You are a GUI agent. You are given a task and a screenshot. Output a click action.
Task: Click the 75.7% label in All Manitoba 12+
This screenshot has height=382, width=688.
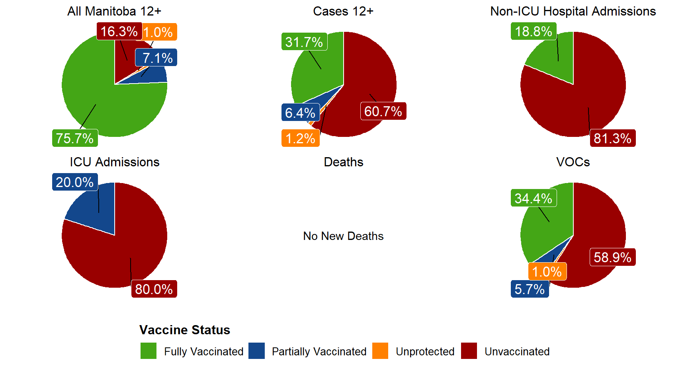pyautogui.click(x=75, y=138)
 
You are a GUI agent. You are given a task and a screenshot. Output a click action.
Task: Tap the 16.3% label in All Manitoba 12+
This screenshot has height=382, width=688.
pyautogui.click(x=119, y=31)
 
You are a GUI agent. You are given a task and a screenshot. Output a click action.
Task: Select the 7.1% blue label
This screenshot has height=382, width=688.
pyautogui.click(x=156, y=58)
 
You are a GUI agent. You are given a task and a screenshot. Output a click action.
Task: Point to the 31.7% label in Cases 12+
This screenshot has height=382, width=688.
pyautogui.click(x=304, y=42)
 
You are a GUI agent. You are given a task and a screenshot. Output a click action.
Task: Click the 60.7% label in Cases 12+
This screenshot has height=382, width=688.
pyautogui.click(x=383, y=111)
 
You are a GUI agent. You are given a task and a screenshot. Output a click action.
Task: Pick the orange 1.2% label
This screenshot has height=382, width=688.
pyautogui.click(x=300, y=138)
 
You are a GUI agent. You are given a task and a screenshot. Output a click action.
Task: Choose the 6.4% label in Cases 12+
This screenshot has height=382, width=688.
pyautogui.click(x=300, y=113)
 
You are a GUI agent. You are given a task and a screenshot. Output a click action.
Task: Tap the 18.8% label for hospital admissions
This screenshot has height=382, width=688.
pyautogui.click(x=534, y=31)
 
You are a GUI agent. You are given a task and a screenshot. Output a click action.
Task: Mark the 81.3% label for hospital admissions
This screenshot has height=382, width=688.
pyautogui.click(x=612, y=138)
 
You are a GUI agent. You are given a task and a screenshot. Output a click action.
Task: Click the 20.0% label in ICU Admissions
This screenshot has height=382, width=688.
pyautogui.click(x=75, y=182)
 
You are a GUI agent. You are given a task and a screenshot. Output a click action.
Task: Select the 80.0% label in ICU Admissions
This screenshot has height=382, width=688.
pyautogui.click(x=154, y=289)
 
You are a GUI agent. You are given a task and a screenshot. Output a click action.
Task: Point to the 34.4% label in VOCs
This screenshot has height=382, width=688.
pyautogui.click(x=534, y=198)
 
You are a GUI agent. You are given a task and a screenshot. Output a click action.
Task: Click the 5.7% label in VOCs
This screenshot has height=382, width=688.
pyautogui.click(x=530, y=289)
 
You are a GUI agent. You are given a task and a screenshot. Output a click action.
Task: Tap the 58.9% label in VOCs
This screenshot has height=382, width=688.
pyautogui.click(x=612, y=257)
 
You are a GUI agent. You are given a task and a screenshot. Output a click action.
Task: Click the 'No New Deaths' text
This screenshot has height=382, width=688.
pyautogui.click(x=343, y=236)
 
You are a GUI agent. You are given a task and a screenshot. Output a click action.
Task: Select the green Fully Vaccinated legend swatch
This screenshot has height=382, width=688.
pyautogui.click(x=149, y=351)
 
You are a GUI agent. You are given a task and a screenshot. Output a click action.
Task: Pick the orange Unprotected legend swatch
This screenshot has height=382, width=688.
pyautogui.click(x=380, y=351)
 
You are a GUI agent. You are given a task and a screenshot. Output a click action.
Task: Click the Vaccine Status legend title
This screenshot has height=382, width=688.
pyautogui.click(x=185, y=330)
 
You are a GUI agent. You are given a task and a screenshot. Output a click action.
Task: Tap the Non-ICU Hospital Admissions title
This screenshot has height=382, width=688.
pyautogui.click(x=573, y=11)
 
